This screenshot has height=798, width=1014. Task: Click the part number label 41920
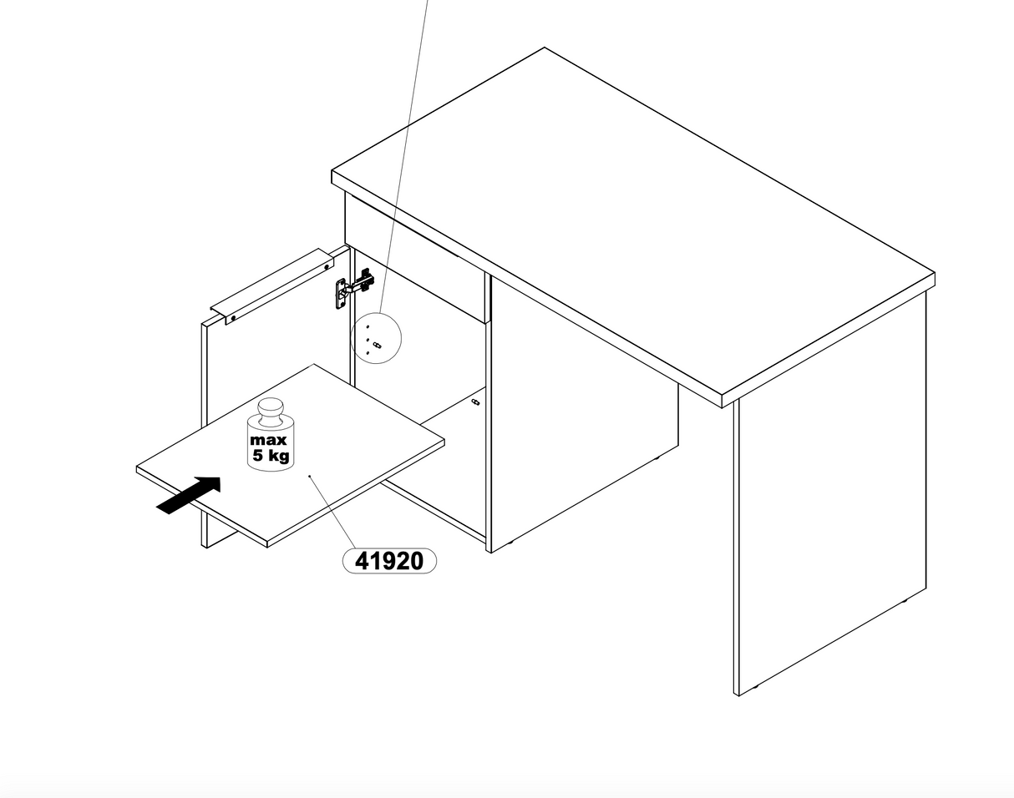389,561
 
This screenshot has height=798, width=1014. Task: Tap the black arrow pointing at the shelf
189,496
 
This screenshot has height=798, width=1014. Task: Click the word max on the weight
268,440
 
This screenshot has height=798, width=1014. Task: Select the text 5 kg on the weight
271,456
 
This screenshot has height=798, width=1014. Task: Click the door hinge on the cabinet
354,288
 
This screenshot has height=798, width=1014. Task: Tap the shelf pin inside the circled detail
377,346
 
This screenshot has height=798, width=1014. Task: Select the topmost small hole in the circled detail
368,326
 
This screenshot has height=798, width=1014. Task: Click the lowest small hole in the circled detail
368,352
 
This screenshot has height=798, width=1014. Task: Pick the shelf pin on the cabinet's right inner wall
475,402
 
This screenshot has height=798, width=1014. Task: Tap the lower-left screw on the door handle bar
233,319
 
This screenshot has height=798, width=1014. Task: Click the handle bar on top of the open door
272,287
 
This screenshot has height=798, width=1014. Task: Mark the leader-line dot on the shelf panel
310,477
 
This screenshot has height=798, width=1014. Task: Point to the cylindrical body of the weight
271,444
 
